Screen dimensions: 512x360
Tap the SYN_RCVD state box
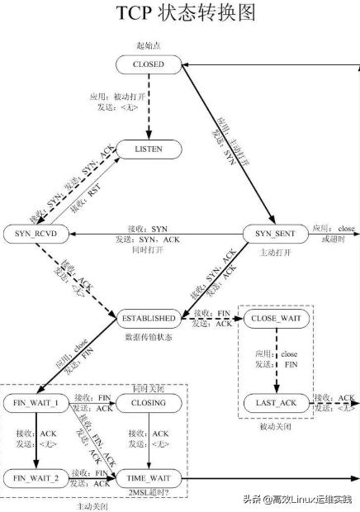pyautogui.click(x=36, y=234)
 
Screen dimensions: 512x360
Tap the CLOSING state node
pyautogui.click(x=149, y=403)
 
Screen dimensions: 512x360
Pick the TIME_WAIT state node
pyautogui.click(x=149, y=478)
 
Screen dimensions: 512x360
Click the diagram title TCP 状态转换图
pyautogui.click(x=180, y=14)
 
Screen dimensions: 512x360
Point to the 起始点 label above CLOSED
pyautogui.click(x=149, y=43)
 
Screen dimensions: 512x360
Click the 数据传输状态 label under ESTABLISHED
pyautogui.click(x=149, y=337)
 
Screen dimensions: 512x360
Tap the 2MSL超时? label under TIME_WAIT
pyautogui.click(x=149, y=494)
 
